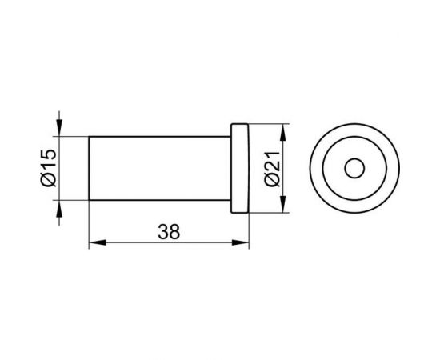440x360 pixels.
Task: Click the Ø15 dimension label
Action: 49,168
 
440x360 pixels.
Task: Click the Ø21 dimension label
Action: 273,169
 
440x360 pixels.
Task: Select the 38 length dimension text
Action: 169,232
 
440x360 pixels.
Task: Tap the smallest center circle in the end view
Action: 354,168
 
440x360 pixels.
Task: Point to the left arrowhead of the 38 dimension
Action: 98,242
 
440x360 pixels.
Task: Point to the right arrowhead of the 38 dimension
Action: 241,242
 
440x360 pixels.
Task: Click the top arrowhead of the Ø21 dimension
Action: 283,132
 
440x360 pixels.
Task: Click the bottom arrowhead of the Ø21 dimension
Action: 283,204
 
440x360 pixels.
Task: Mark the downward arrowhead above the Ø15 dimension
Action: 59,128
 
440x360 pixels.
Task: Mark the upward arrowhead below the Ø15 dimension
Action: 59,209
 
